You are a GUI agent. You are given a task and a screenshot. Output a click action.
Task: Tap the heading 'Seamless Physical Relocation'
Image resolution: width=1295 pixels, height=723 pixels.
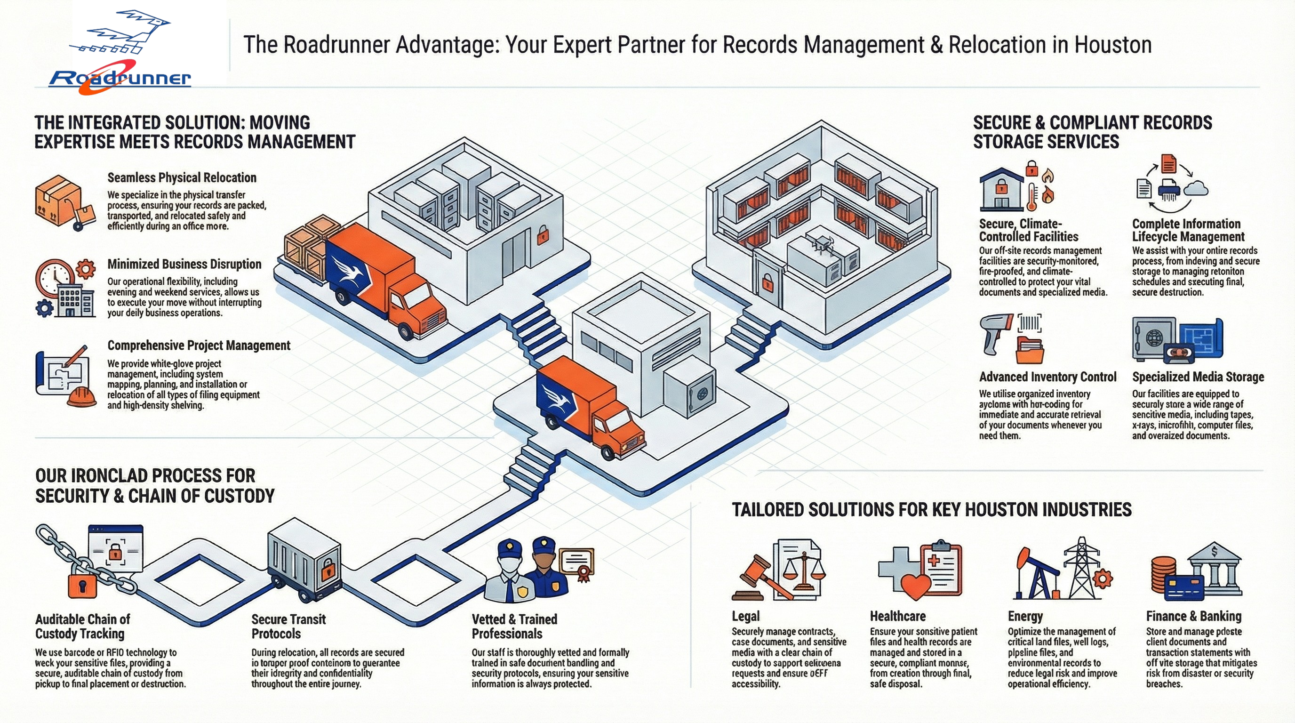click(182, 177)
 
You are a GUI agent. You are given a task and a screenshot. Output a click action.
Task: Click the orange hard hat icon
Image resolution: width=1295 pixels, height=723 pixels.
click(81, 397)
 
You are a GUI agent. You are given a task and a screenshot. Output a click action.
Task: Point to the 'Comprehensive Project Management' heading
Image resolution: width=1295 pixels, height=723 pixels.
click(199, 345)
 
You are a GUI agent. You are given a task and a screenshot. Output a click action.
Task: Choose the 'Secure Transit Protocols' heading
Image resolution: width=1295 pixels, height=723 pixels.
click(288, 626)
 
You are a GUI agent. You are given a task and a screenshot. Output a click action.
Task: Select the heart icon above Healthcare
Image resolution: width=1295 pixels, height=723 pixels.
click(916, 586)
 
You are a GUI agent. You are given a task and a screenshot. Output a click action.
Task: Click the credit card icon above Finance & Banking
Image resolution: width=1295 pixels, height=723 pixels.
click(1183, 588)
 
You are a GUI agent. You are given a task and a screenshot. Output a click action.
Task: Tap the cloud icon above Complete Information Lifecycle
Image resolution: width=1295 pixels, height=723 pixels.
click(1196, 189)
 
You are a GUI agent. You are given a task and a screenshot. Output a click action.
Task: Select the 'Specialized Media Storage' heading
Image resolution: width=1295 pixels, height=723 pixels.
click(1198, 377)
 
